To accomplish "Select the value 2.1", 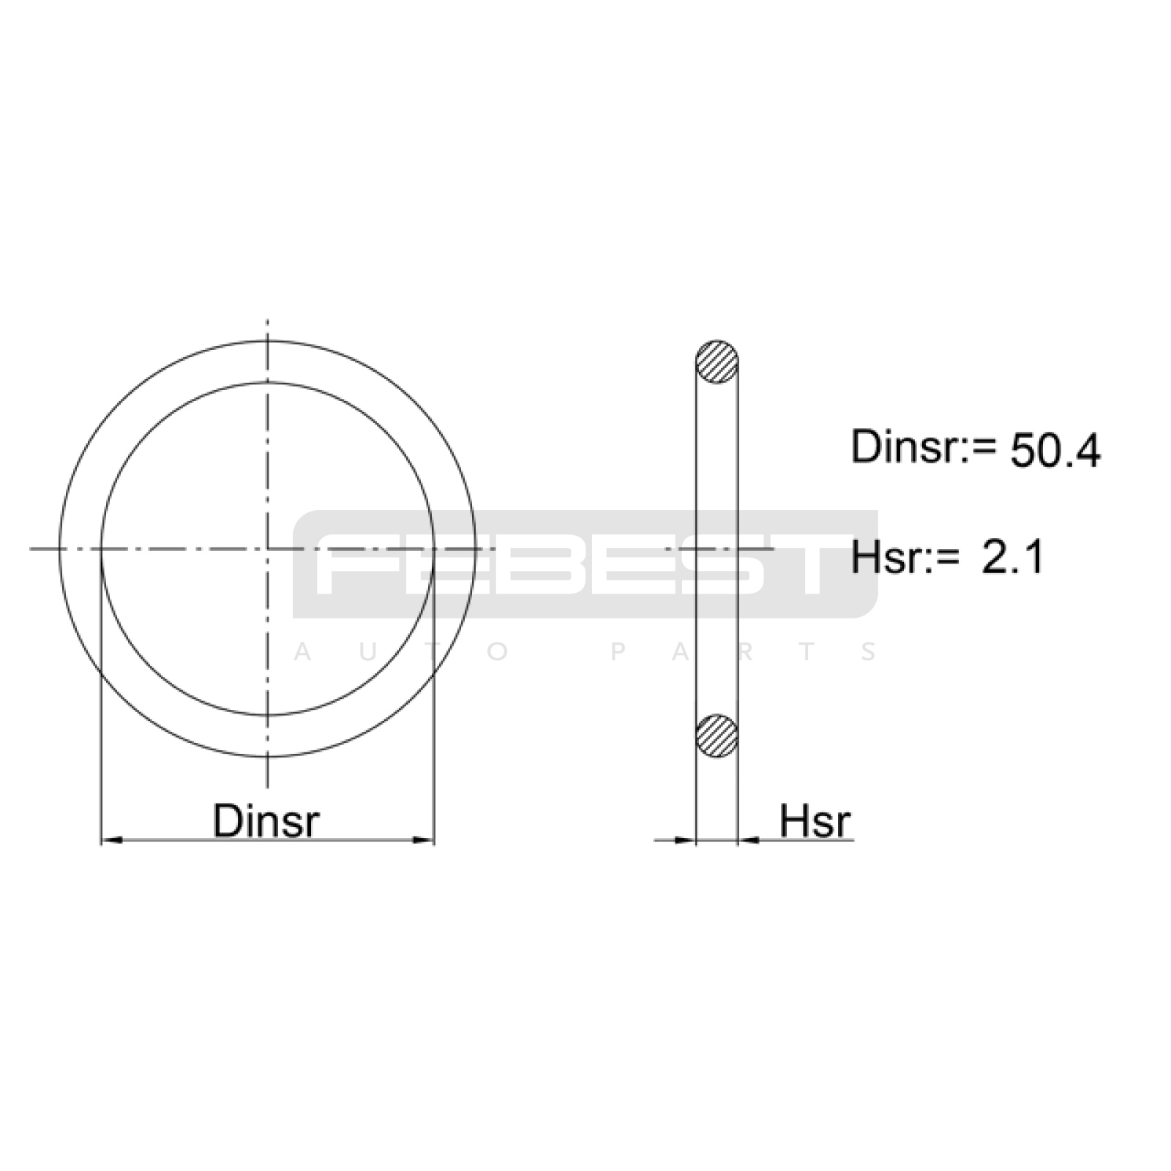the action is point(1012,558).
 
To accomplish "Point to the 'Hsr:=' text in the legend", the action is point(905,558).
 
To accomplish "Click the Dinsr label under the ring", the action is point(266,820).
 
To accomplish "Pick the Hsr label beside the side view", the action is point(815,820).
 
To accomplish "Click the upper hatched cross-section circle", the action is point(717,362).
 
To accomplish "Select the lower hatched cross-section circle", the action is point(717,736).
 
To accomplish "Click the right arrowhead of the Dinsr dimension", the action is point(424,839).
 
